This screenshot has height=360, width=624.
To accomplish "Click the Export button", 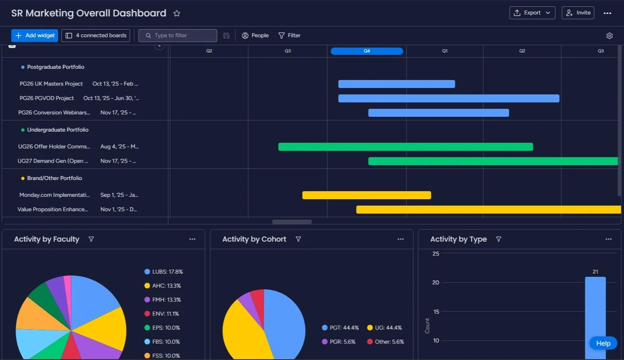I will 532,13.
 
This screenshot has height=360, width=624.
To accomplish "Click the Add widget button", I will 35,36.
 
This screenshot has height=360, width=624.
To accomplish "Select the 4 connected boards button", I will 96,36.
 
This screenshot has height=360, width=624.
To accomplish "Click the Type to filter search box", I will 178,36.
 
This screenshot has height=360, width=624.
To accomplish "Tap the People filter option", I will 255,36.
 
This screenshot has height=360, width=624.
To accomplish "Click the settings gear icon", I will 609,36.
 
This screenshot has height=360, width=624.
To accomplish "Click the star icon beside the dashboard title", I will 177,14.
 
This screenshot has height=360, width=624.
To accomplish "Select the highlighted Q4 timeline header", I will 367,51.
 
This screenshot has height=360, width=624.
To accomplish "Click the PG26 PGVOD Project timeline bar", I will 449,98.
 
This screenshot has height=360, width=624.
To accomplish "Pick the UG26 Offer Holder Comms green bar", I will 405,147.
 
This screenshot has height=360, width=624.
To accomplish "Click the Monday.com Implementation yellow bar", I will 367,195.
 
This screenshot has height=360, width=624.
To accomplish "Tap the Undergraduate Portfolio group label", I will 58,130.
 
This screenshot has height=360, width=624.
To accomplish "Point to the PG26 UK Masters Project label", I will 51,84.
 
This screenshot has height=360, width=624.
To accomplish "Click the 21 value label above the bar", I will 595,272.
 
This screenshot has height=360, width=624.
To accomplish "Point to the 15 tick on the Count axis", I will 436,312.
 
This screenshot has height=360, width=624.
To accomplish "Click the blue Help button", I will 603,343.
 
